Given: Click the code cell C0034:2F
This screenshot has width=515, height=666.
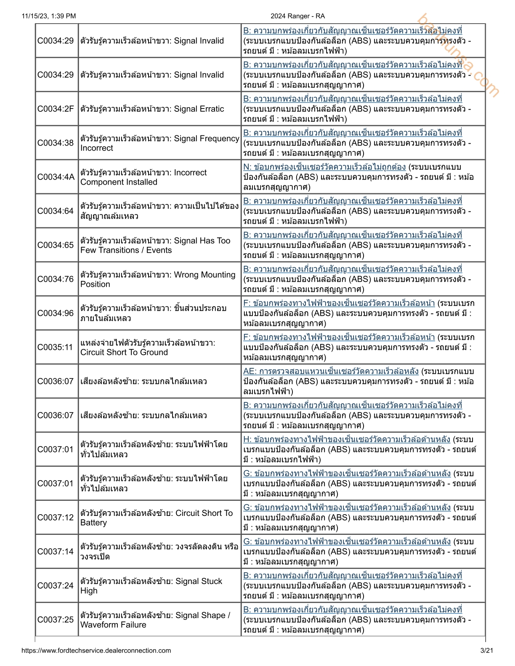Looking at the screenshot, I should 56,109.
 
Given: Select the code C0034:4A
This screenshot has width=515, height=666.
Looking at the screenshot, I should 56,177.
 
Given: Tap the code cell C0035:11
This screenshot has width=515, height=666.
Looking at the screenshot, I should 55,347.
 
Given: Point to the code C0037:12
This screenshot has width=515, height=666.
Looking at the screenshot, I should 56,518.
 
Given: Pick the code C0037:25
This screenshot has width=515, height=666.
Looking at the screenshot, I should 56,620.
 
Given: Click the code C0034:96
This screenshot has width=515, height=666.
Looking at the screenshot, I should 56,313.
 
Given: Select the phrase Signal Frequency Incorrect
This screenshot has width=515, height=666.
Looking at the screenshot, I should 160,143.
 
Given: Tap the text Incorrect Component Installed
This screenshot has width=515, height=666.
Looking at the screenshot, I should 143,177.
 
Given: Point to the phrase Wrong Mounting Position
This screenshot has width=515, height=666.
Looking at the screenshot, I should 158,280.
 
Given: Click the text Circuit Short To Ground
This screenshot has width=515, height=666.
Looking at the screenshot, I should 124,352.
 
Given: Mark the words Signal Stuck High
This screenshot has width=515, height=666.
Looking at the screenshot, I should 151,586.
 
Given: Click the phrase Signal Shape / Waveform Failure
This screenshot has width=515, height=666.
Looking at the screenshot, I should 155,620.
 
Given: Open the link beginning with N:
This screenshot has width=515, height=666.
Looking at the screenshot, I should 324,167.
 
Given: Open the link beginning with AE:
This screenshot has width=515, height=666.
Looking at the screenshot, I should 331,371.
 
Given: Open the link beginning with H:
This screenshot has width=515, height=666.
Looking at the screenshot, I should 347,439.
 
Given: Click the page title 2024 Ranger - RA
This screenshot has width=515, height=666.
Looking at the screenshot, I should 297,16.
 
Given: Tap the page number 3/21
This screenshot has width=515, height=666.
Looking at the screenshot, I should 486,650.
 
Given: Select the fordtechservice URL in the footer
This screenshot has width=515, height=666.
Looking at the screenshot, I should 96,650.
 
